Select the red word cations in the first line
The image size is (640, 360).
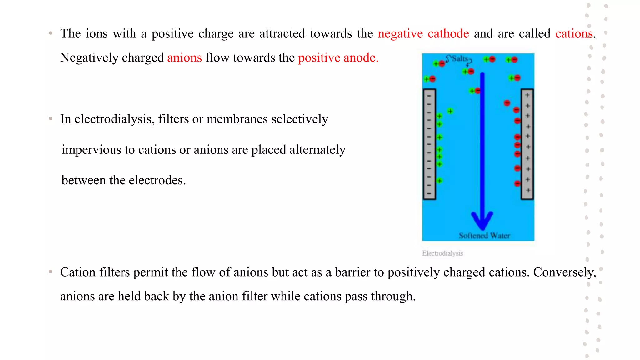(574, 34)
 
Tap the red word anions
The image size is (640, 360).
(184, 58)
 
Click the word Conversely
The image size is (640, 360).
(564, 272)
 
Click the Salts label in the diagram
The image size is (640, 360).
(460, 58)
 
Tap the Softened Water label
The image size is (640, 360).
(484, 236)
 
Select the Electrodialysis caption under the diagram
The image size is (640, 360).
(442, 253)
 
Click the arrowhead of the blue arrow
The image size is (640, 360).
(482, 220)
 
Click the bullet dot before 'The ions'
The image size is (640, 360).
(51, 33)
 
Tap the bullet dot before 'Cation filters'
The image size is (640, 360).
(51, 272)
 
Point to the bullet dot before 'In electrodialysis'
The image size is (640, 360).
(51, 118)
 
